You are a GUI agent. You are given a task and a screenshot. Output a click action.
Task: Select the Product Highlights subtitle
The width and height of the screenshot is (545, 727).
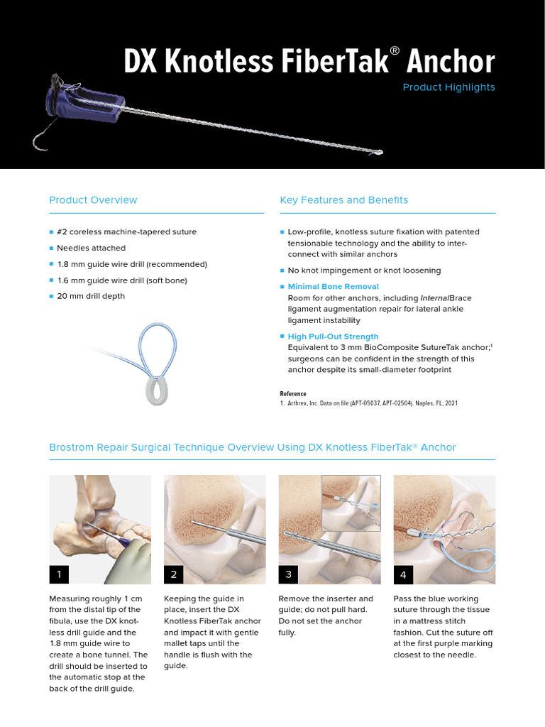(x=448, y=87)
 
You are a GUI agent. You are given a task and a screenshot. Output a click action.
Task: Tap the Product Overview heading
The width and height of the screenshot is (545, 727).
(x=93, y=200)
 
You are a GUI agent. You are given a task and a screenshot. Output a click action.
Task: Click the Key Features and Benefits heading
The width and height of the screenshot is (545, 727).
(x=343, y=200)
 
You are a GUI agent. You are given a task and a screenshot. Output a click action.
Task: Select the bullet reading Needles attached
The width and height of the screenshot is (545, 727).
(x=91, y=248)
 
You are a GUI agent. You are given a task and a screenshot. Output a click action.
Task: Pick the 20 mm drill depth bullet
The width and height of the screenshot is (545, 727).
(x=90, y=296)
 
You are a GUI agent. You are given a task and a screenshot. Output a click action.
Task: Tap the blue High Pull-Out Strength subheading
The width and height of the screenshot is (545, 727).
(x=333, y=337)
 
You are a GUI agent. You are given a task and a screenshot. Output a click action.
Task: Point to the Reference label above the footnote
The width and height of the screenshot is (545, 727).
(x=293, y=394)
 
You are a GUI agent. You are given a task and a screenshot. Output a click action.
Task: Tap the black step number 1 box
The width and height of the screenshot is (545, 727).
(x=60, y=574)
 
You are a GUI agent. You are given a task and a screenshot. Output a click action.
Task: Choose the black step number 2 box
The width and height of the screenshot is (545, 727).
(x=175, y=574)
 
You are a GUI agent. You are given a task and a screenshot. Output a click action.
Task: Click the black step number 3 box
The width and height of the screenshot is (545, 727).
(x=290, y=574)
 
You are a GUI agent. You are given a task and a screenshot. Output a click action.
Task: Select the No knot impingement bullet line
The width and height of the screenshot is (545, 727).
(x=364, y=270)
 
